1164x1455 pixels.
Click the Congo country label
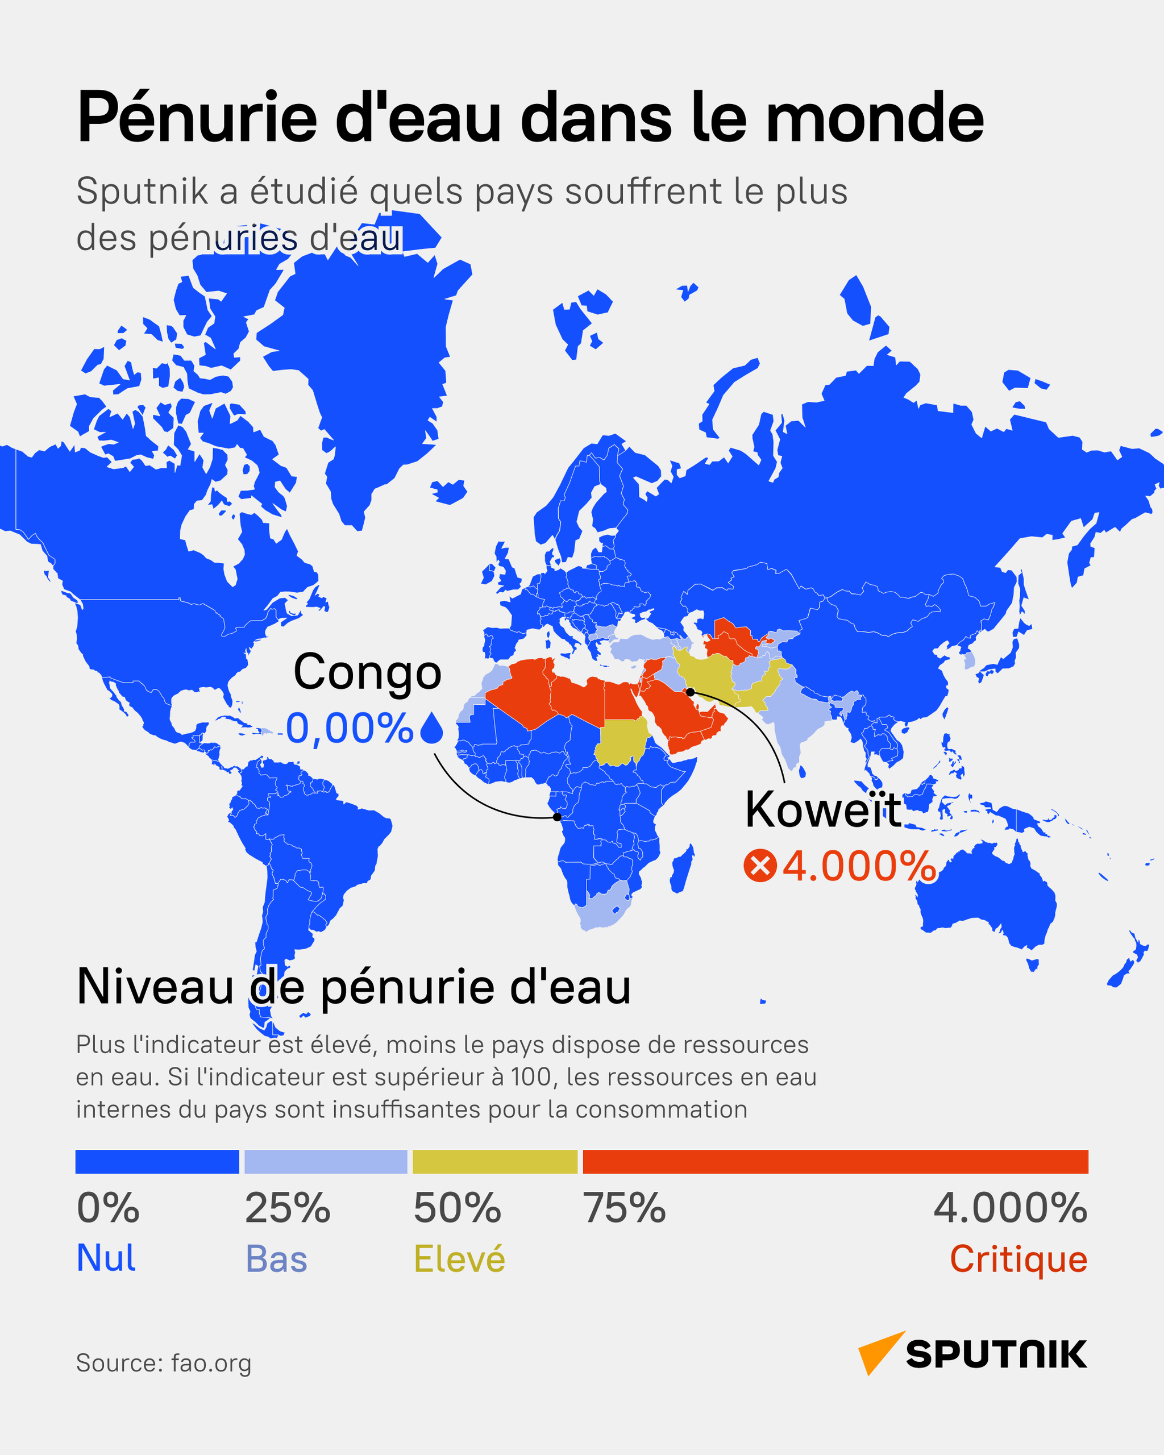pos(367,672)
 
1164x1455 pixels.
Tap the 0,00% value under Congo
pos(350,728)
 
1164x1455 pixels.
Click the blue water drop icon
pos(432,729)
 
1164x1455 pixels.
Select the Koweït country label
pos(822,810)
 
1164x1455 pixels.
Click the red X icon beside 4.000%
pos(760,867)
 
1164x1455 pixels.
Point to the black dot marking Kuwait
pos(691,692)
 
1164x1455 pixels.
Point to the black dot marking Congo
pos(556,817)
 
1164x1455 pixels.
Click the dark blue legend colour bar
pos(157,1161)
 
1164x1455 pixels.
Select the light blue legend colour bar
pos(325,1161)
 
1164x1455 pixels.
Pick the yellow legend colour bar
pos(494,1161)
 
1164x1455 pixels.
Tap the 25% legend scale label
pos(288,1208)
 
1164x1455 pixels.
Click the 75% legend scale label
pos(624,1208)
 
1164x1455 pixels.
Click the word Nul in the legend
pos(106,1258)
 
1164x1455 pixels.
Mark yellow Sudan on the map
pos(620,741)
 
